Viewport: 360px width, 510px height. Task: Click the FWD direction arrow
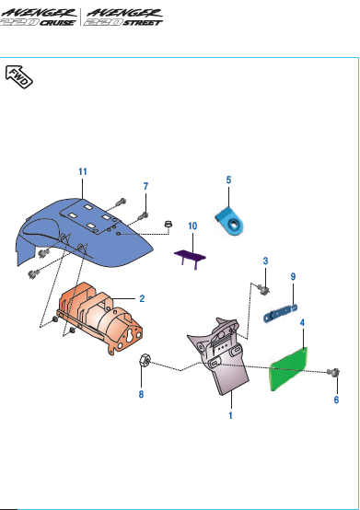[x=18, y=76]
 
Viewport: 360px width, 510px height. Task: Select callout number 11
[x=83, y=171]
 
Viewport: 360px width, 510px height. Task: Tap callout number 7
[x=145, y=186]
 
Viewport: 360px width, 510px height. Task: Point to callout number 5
[x=228, y=180]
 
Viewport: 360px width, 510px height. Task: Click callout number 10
[x=192, y=226]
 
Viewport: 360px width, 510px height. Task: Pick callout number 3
[x=265, y=261]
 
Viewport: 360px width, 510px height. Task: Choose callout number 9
[x=293, y=276]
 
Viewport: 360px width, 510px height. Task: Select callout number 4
[x=302, y=322]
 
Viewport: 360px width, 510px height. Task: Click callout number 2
[x=142, y=298]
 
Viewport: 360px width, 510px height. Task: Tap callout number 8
[x=141, y=394]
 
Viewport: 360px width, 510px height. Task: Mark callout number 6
[x=336, y=400]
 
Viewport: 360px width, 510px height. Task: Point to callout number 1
[x=230, y=415]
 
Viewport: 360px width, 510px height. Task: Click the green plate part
[x=288, y=369]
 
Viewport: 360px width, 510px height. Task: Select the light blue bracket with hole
[x=229, y=222]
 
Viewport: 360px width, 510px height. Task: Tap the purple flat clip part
[x=190, y=257]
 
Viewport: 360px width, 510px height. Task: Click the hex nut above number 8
[x=144, y=360]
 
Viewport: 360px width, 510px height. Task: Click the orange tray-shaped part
[x=99, y=317]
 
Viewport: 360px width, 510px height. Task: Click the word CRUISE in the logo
[x=57, y=22]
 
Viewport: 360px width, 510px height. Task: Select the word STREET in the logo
[x=143, y=22]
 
